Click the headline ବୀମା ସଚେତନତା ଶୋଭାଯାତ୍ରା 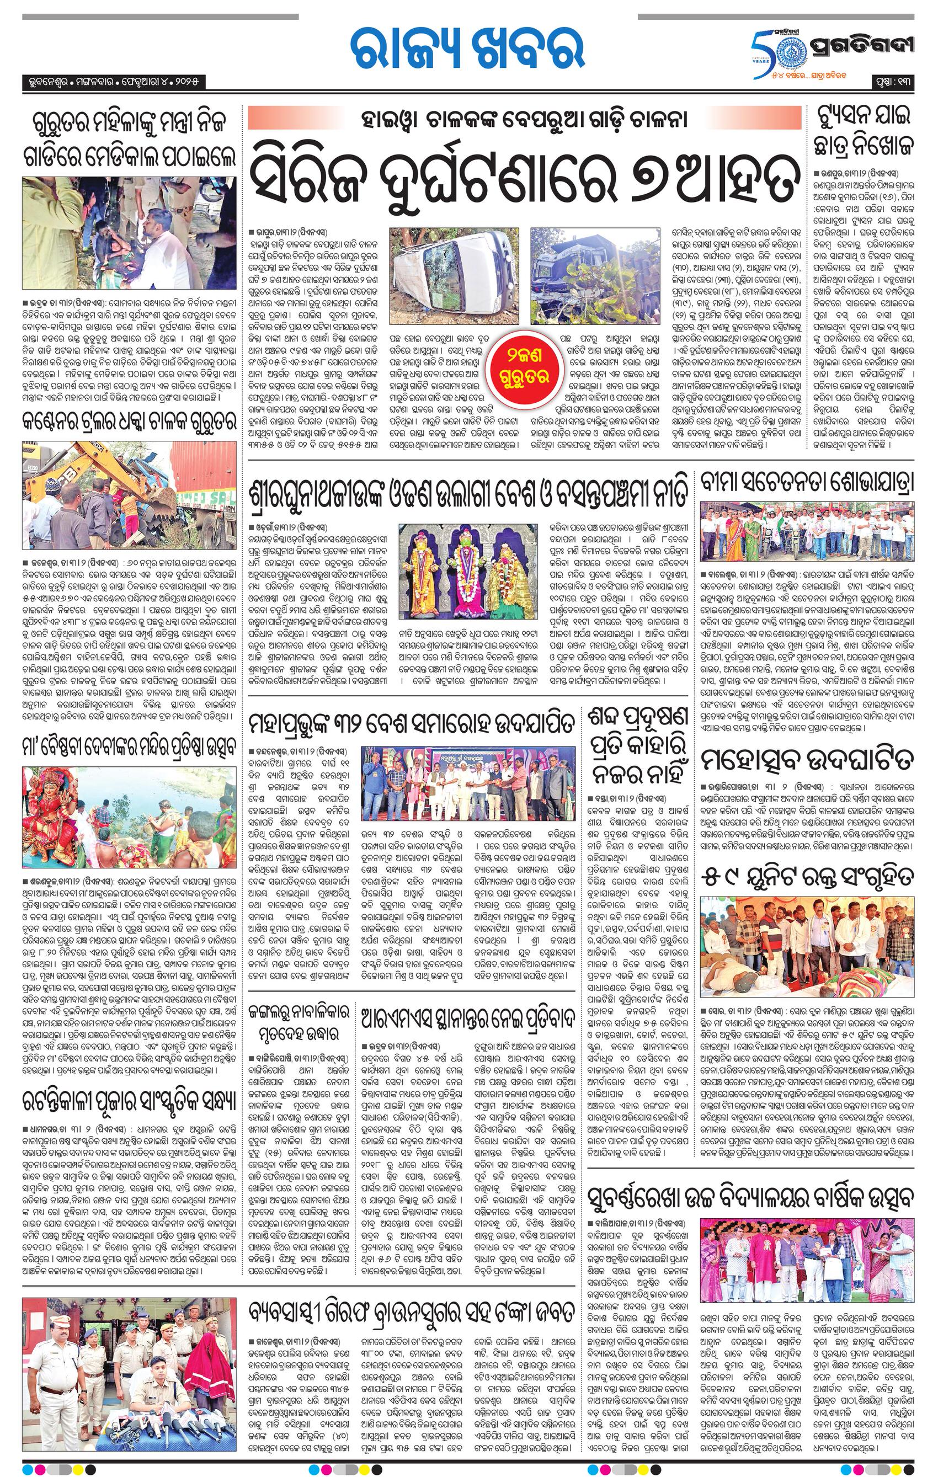(x=807, y=483)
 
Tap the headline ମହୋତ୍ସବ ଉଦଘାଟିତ (x=807, y=761)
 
